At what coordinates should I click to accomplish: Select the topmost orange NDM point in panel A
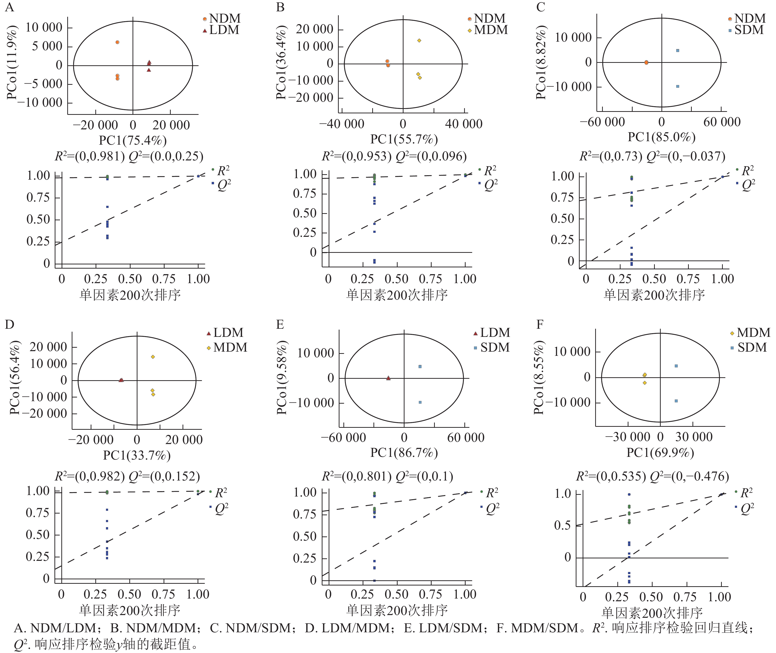[x=117, y=42]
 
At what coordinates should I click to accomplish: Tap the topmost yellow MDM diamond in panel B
[x=419, y=41]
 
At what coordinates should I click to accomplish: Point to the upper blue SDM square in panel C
[x=677, y=50]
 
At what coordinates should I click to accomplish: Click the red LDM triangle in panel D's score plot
[x=121, y=380]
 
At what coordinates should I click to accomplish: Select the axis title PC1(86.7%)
[x=404, y=453]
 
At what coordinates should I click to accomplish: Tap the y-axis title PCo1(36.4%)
[x=281, y=62]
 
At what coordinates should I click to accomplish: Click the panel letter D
[x=9, y=325]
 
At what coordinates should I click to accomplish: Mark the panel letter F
[x=540, y=325]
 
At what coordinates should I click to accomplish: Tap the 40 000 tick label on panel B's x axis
[x=464, y=124]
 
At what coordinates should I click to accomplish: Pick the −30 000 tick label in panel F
[x=627, y=437]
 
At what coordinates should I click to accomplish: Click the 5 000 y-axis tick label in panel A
[x=47, y=46]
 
